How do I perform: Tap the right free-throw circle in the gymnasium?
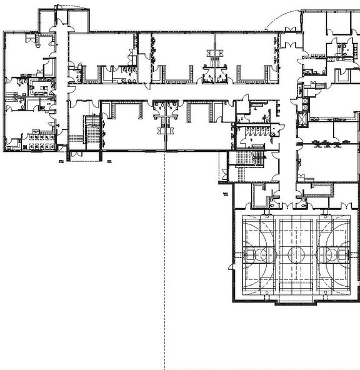tap(328, 254)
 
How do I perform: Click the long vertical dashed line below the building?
tap(164, 262)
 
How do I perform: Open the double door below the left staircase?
tap(77, 154)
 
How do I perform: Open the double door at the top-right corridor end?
tap(289, 44)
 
